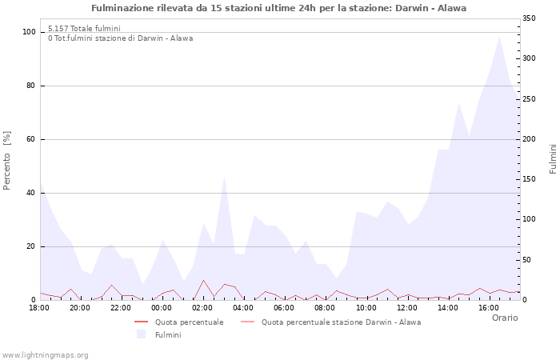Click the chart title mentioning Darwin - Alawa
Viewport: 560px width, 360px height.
[278, 8]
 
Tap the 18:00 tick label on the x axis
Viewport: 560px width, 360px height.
[39, 307]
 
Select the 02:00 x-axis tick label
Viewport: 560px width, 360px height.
[203, 307]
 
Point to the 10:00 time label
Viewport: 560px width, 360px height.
[366, 307]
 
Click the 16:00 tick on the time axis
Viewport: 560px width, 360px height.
[489, 307]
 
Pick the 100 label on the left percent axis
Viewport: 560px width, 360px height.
[30, 32]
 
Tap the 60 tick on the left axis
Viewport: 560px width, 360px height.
[32, 139]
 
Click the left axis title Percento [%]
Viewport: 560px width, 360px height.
[8, 160]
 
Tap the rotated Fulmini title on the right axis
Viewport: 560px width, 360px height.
[553, 158]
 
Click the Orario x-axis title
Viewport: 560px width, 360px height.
[504, 318]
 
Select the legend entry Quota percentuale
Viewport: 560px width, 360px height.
[189, 322]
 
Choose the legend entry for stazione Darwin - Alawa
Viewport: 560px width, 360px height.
[341, 322]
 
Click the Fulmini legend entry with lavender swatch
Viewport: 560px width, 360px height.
[168, 334]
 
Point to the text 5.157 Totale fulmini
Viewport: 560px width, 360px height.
[84, 29]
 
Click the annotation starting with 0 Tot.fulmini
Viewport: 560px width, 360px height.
[120, 38]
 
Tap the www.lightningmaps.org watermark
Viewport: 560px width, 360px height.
[45, 354]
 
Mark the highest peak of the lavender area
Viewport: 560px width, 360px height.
[500, 36]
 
